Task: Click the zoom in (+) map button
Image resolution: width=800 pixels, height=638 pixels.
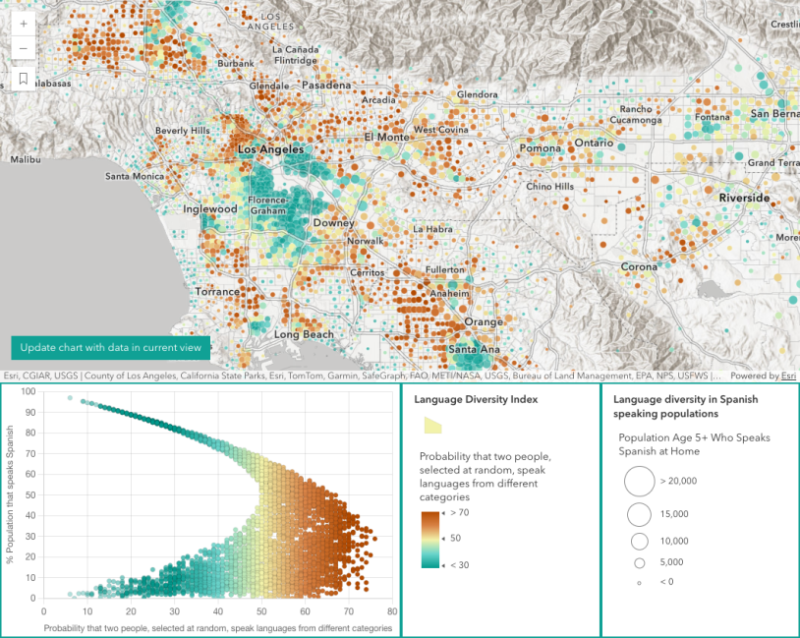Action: (x=24, y=23)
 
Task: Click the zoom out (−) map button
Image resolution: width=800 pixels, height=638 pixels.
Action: (x=24, y=48)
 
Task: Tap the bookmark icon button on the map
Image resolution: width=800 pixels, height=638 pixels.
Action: (x=24, y=80)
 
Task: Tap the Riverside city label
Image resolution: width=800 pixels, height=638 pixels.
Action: (x=744, y=198)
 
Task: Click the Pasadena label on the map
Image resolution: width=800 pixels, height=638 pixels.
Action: (x=325, y=86)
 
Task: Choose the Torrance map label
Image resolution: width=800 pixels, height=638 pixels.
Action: (x=217, y=292)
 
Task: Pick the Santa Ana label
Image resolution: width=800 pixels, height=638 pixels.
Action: (x=476, y=349)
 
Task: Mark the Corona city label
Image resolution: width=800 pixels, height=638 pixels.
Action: (x=639, y=266)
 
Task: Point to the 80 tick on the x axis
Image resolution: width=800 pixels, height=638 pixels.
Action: (x=391, y=611)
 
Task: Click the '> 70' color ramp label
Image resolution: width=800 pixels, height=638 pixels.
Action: (x=461, y=514)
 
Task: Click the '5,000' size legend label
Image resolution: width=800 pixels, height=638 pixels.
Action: (x=672, y=562)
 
